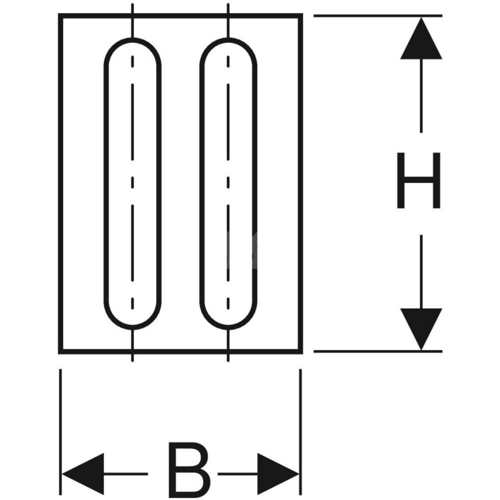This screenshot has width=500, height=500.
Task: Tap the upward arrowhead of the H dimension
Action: pos(421,40)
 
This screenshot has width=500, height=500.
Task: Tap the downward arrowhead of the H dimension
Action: pos(421,327)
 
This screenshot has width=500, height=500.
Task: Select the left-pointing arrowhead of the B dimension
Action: pos(82,473)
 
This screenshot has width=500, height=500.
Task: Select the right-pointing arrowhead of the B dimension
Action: pos(277,473)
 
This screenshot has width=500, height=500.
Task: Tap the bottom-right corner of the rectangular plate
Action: pos(301,352)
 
